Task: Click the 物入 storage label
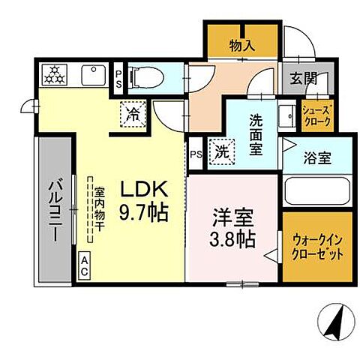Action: click(x=242, y=46)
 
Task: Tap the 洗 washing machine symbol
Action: click(x=220, y=151)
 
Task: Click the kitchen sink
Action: click(x=96, y=74)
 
